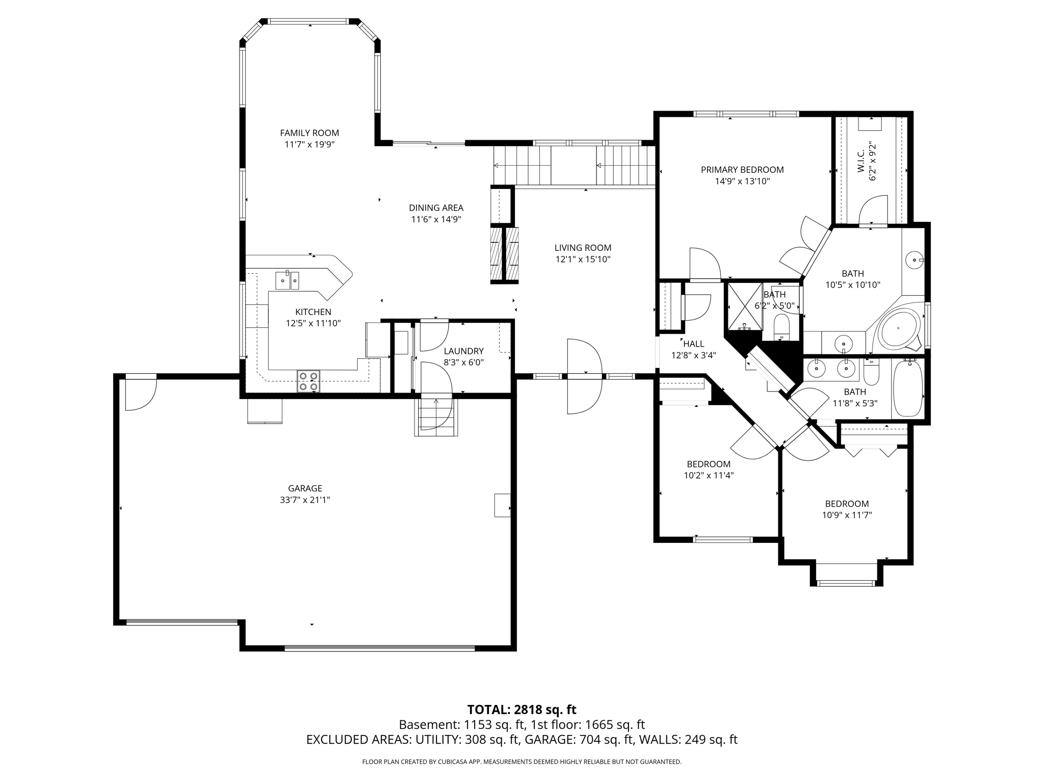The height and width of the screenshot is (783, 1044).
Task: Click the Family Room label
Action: pos(309,133)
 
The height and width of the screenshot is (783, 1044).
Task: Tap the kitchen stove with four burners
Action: pos(308,381)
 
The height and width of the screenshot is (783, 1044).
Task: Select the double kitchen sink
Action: pos(287,280)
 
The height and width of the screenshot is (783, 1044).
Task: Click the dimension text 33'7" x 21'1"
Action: pos(305,500)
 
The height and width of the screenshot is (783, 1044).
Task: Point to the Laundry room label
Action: pos(463,351)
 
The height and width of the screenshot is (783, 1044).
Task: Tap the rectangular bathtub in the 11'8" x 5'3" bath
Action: pos(908,388)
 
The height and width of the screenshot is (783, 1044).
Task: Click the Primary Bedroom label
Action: pos(742,170)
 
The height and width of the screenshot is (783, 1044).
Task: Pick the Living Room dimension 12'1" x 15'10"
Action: pos(583,259)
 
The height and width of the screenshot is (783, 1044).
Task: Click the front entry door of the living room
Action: pos(584,376)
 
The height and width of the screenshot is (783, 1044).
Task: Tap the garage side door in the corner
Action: pos(140,391)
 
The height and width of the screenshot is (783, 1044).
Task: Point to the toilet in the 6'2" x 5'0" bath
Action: pos(781,327)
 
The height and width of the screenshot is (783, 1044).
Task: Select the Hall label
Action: pos(693,344)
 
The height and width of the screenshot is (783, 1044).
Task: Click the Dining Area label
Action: pos(436,208)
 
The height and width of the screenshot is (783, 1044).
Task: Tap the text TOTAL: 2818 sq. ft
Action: pos(521,710)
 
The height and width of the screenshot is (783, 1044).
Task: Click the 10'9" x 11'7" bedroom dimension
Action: pos(847,515)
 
